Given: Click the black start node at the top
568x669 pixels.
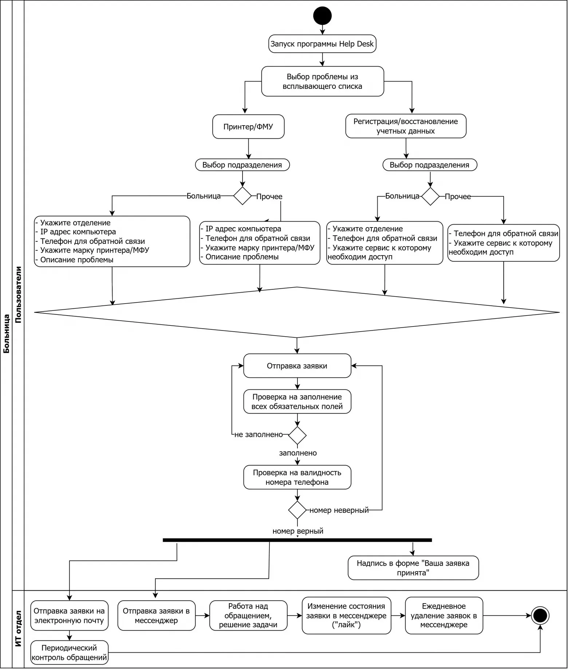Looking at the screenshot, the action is tap(322, 16).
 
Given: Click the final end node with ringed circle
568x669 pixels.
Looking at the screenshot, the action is tap(540, 615).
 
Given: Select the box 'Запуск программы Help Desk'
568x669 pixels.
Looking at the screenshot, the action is tap(322, 44).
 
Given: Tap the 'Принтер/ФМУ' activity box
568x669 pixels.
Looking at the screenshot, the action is tap(248, 127).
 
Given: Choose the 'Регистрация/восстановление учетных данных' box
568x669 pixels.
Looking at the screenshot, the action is tap(406, 126).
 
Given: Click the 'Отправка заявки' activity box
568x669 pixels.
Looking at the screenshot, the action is tap(297, 366).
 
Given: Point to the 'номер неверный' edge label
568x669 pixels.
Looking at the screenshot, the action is tap(339, 510).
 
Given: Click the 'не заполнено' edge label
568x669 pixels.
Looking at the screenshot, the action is tap(259, 435).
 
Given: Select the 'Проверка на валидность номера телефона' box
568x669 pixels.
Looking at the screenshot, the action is tap(297, 477).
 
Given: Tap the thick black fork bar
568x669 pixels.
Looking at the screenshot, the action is tap(297, 540).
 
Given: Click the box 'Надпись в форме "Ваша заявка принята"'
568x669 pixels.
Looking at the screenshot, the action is tap(413, 568).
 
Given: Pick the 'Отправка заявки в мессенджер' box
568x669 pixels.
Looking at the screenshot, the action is tap(157, 615).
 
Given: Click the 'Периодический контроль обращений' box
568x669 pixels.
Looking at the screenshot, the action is tap(69, 653).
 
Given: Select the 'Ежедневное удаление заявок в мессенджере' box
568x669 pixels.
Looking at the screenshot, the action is tap(444, 615).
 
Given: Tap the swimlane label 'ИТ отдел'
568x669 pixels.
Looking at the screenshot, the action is tap(18, 629).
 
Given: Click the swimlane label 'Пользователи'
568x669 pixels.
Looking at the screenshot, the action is tap(18, 295).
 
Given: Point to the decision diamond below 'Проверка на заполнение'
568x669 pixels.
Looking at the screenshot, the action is tap(297, 435).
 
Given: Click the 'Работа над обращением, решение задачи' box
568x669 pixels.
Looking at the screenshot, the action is tap(248, 615).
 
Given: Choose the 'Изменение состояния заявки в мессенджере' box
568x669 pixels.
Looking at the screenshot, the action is tap(346, 615).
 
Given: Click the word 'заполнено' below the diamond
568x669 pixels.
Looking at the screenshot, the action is tap(298, 453).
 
